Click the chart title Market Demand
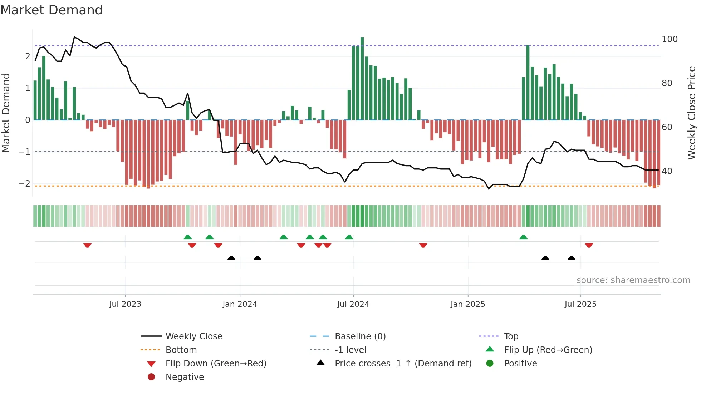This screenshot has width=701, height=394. pyautogui.click(x=52, y=10)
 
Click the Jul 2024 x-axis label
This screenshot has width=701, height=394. pyautogui.click(x=353, y=304)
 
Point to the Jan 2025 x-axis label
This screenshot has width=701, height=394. pyautogui.click(x=467, y=304)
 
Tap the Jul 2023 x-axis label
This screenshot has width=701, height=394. pyautogui.click(x=125, y=304)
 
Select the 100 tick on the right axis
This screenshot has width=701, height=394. pyautogui.click(x=670, y=39)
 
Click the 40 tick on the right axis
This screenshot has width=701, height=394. pyautogui.click(x=667, y=171)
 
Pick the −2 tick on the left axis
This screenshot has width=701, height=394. pyautogui.click(x=24, y=184)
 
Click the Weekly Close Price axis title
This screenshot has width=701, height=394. pyautogui.click(x=692, y=113)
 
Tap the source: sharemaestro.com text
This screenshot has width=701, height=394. pyautogui.click(x=633, y=280)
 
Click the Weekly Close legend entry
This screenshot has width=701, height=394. pyautogui.click(x=193, y=336)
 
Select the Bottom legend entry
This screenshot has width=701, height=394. pyautogui.click(x=181, y=350)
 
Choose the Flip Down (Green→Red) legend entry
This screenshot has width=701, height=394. pyautogui.click(x=216, y=364)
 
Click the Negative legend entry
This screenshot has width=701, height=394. pyautogui.click(x=185, y=377)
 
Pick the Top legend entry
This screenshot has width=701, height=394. pyautogui.click(x=511, y=336)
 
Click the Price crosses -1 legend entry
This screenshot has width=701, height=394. pyautogui.click(x=403, y=364)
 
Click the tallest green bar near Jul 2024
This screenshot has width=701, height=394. pyautogui.click(x=362, y=79)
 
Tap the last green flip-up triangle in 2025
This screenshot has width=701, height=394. pyautogui.click(x=523, y=237)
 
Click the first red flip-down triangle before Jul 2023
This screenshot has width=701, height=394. pyautogui.click(x=87, y=245)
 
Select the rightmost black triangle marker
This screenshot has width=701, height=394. pyautogui.click(x=571, y=258)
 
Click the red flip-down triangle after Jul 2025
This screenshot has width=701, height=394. pyautogui.click(x=589, y=245)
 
